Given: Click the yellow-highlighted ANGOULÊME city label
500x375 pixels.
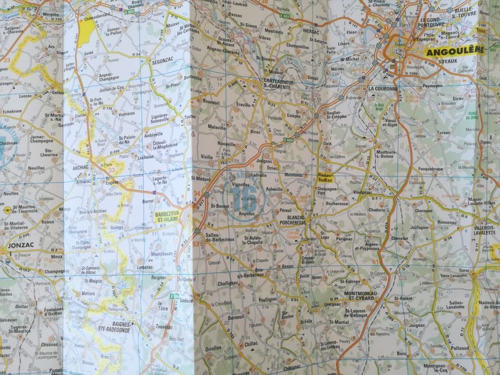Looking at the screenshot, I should pyautogui.click(x=453, y=51).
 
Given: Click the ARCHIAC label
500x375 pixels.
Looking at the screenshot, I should pyautogui.click(x=87, y=167).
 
